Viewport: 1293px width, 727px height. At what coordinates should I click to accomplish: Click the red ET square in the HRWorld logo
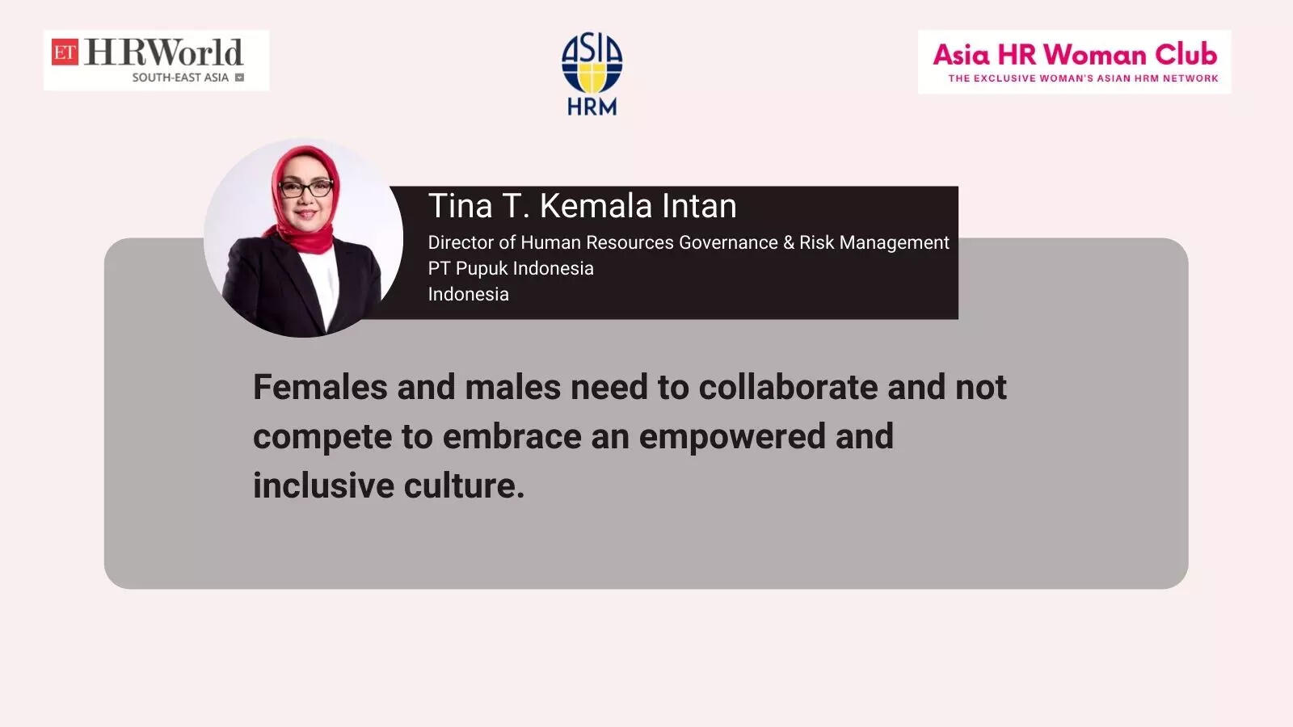[65, 52]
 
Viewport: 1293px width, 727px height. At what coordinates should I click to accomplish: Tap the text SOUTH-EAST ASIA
[180, 78]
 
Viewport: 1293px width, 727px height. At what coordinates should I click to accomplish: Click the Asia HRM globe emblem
[592, 62]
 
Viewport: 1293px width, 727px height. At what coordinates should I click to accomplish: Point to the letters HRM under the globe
[592, 106]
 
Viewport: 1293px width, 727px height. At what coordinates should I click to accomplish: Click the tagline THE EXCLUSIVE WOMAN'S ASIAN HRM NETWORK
[1083, 78]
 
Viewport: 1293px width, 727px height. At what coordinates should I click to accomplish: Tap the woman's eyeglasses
[306, 187]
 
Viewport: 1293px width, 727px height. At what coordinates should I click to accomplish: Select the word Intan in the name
[699, 206]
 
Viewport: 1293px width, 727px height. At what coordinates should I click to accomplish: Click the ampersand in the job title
[789, 242]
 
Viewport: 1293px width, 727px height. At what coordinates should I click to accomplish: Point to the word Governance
[728, 243]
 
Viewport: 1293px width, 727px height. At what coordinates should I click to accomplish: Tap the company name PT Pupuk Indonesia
[511, 268]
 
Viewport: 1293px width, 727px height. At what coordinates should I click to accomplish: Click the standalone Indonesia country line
[468, 294]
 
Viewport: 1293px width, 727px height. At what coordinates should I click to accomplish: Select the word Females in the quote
[320, 387]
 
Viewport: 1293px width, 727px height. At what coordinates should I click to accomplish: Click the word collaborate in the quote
[789, 387]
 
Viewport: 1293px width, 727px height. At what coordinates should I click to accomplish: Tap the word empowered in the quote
[732, 437]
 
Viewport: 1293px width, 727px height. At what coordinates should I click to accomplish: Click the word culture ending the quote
[464, 485]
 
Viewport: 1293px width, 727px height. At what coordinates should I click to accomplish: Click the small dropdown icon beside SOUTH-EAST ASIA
[239, 78]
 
